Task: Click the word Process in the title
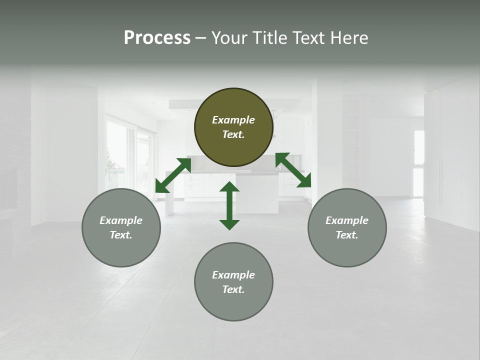tap(157, 38)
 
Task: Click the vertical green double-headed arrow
tap(229, 205)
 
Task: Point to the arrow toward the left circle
tap(173, 175)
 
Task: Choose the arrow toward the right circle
tap(293, 170)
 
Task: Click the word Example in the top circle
tap(233, 120)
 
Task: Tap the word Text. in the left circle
tap(121, 235)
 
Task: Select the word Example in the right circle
tap(347, 220)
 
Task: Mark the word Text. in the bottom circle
tap(233, 289)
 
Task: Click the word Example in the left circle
tap(121, 220)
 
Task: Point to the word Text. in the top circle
tap(233, 134)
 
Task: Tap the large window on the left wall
tap(120, 155)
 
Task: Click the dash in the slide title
tap(200, 38)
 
